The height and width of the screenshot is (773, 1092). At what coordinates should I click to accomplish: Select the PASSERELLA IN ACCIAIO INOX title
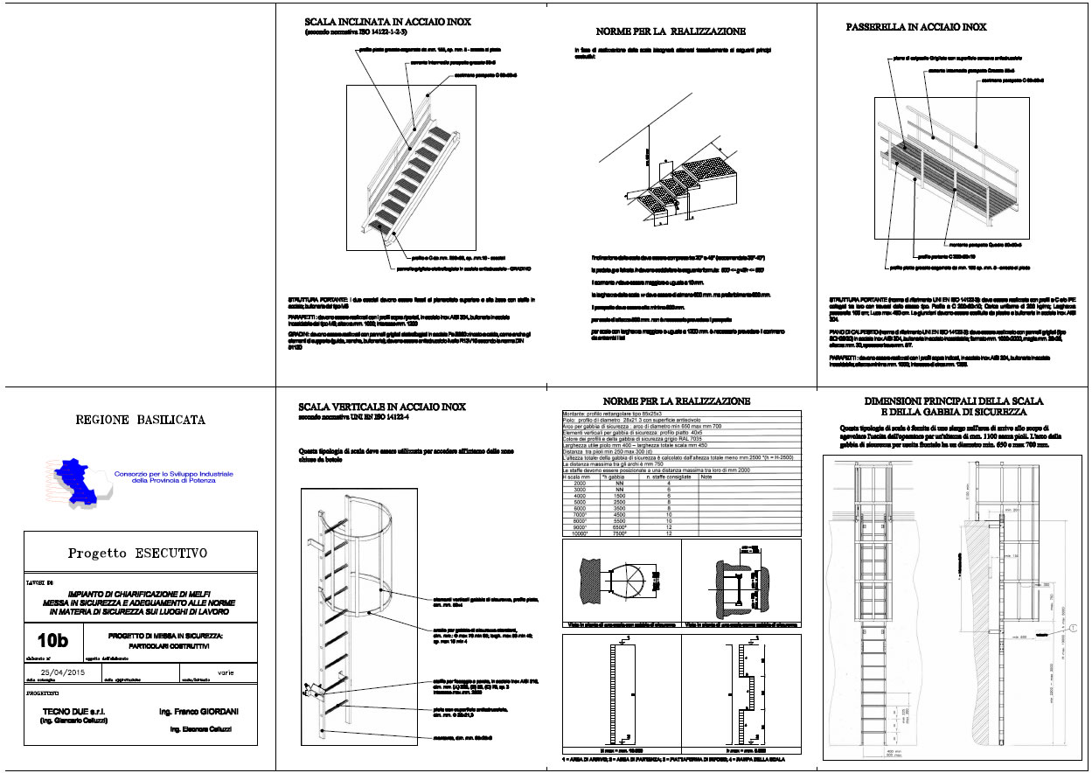pos(916,27)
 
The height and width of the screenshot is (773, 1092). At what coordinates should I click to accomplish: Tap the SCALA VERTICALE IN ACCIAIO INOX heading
pos(382,407)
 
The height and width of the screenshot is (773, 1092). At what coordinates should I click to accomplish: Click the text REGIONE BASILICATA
pos(142,420)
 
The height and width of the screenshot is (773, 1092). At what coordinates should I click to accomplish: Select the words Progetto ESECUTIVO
pos(139,553)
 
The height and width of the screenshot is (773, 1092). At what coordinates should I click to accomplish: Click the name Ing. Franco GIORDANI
pos(198,713)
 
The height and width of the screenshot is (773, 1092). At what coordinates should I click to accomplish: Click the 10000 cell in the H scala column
pos(575,533)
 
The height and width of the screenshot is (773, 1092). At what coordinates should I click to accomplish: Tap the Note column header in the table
pos(706,477)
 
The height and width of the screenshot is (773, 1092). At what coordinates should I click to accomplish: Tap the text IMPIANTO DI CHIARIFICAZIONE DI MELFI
pos(141,594)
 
